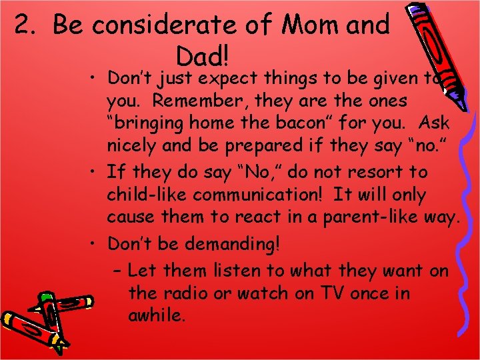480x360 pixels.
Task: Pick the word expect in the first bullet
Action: click(x=227, y=78)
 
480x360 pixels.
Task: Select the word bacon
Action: click(x=307, y=124)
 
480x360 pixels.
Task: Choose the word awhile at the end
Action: click(x=156, y=316)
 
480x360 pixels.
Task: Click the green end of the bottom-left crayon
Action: click(x=47, y=297)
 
